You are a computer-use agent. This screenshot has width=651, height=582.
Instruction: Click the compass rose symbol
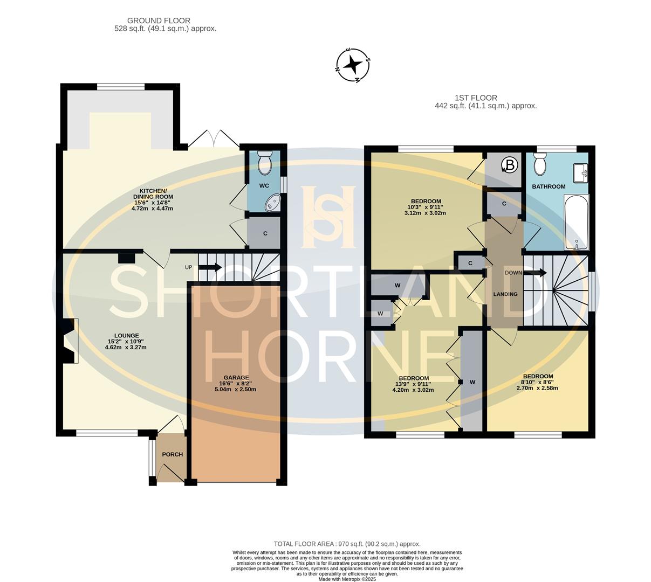(x=353, y=66)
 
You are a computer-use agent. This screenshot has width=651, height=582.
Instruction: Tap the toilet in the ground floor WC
(x=265, y=163)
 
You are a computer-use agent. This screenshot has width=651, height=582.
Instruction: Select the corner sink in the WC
(x=273, y=203)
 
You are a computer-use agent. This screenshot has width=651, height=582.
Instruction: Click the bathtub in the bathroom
(x=577, y=222)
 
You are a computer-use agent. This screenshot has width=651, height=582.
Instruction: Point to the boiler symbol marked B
(x=510, y=165)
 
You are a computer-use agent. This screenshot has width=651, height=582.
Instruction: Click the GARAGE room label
(x=236, y=378)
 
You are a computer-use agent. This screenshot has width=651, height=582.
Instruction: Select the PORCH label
(x=172, y=454)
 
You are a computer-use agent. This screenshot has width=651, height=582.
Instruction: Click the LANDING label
(x=505, y=294)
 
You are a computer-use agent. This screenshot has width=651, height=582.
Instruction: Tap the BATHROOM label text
(x=549, y=186)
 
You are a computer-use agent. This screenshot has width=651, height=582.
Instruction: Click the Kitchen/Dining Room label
(x=153, y=193)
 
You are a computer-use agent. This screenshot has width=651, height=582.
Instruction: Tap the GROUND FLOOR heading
(x=159, y=20)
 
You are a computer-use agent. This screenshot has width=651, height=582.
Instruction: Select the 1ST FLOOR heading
(x=476, y=98)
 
